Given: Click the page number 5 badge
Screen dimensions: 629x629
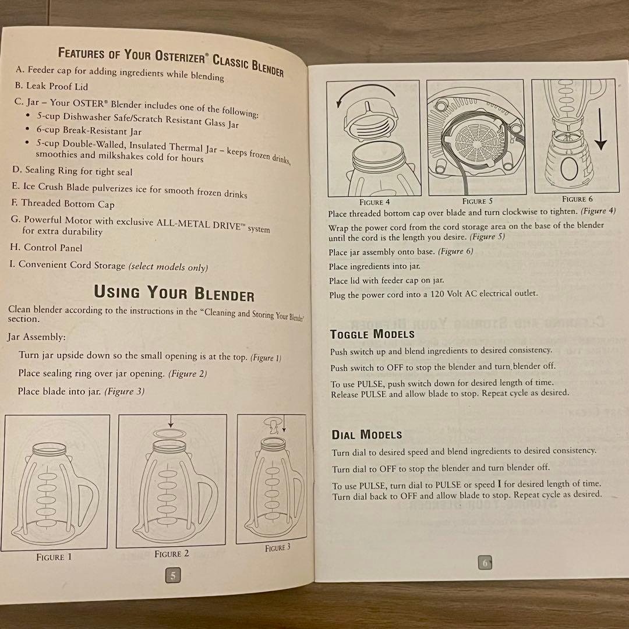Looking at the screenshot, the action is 173,575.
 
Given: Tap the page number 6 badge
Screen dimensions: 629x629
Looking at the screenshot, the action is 485,563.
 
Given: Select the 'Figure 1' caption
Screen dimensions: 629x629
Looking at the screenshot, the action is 54,557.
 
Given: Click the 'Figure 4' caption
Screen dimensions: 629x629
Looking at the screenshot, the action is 374,202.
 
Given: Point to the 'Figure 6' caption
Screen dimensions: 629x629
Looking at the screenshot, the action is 577,199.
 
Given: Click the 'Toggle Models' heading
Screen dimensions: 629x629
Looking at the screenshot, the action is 372,334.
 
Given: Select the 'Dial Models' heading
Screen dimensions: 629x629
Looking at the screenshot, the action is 367,434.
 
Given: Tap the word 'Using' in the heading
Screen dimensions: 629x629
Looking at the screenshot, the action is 116,292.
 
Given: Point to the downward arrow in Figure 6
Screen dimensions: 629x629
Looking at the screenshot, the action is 600,129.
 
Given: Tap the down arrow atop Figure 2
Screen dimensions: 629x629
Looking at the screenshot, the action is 171,421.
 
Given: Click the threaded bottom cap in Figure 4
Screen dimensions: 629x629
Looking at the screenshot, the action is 370,121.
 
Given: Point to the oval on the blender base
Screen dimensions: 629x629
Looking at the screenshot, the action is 568,169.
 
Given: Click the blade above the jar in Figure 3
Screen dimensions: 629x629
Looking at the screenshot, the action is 273,426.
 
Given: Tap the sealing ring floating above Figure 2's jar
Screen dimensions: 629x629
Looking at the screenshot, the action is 169,434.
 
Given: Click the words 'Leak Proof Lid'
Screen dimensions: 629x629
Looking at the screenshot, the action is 57,86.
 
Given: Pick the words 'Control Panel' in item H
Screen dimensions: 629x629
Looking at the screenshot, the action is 53,248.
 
